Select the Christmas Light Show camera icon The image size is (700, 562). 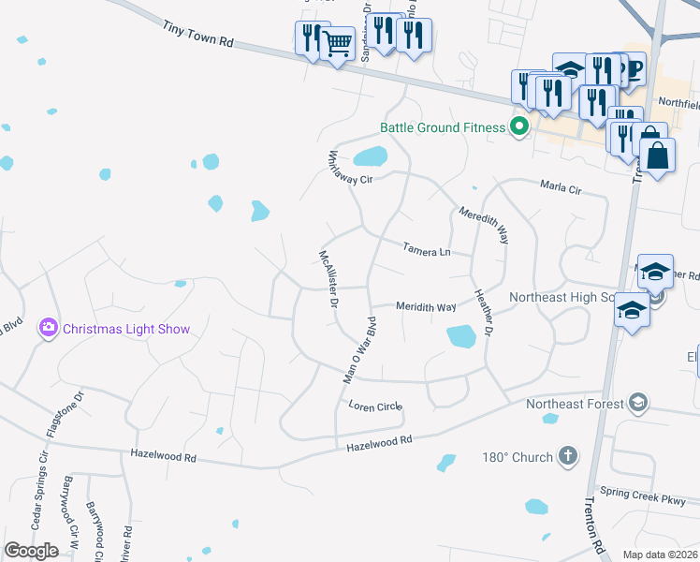coord(47,328)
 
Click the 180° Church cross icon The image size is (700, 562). coord(566,456)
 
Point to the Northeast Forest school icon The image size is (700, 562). coord(638,404)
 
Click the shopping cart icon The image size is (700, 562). coord(338,42)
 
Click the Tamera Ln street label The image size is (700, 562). coord(427,250)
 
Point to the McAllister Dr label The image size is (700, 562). coord(328,278)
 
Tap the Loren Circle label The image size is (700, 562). coord(374,407)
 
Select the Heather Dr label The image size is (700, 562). coord(485,311)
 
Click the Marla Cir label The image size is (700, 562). coord(561,187)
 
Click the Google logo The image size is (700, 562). coord(31,551)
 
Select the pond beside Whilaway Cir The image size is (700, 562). coord(371,155)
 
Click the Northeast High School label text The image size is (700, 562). coord(560,298)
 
